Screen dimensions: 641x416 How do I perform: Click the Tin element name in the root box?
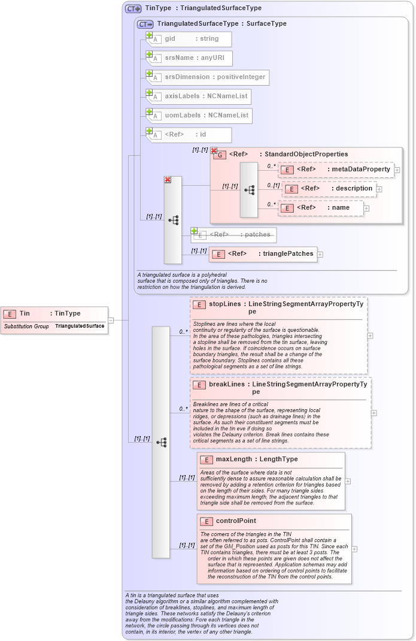pyautogui.click(x=25, y=313)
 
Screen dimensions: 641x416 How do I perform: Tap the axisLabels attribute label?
pyautogui.click(x=183, y=96)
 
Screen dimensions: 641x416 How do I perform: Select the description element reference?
pyautogui.click(x=332, y=189)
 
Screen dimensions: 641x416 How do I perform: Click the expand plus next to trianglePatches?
pyautogui.click(x=320, y=255)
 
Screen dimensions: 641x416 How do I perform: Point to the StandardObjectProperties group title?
pyautogui.click(x=306, y=155)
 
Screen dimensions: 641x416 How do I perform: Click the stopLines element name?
pyautogui.click(x=225, y=304)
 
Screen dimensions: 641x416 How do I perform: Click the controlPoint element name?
pyautogui.click(x=236, y=521)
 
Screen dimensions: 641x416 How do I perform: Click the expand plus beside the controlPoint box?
pyautogui.click(x=354, y=549)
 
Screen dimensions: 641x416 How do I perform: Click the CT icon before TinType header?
pyautogui.click(x=133, y=8)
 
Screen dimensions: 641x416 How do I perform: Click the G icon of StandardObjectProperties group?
pyautogui.click(x=220, y=155)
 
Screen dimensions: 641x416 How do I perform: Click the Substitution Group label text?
pyautogui.click(x=26, y=326)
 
